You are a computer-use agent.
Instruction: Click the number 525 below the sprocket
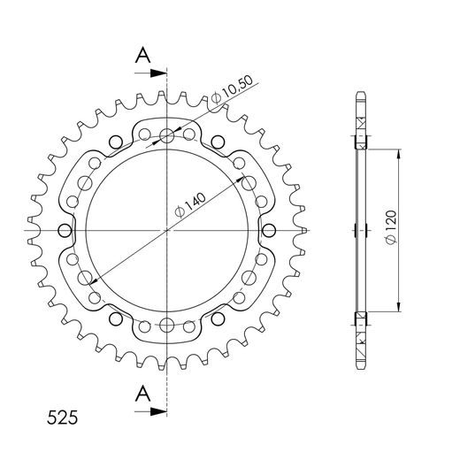pos(59,415)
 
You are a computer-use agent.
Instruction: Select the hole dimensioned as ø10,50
pos(167,136)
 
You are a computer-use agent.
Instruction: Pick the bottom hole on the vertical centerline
pos(167,324)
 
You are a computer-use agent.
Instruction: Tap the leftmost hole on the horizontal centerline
pos(64,230)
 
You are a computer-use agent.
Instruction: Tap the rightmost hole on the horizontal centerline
pos(271,230)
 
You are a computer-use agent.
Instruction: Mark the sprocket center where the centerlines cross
pos(167,230)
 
